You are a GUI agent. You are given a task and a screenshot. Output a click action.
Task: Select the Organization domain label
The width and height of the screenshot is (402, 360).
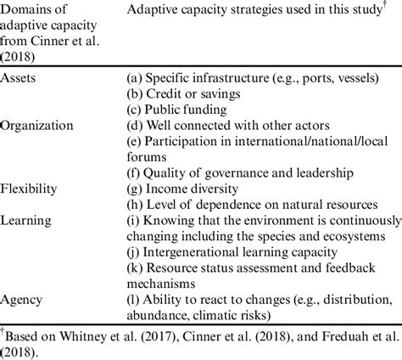[39, 125]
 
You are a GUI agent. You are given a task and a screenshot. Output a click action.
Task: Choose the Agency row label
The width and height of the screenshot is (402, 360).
[24, 298]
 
